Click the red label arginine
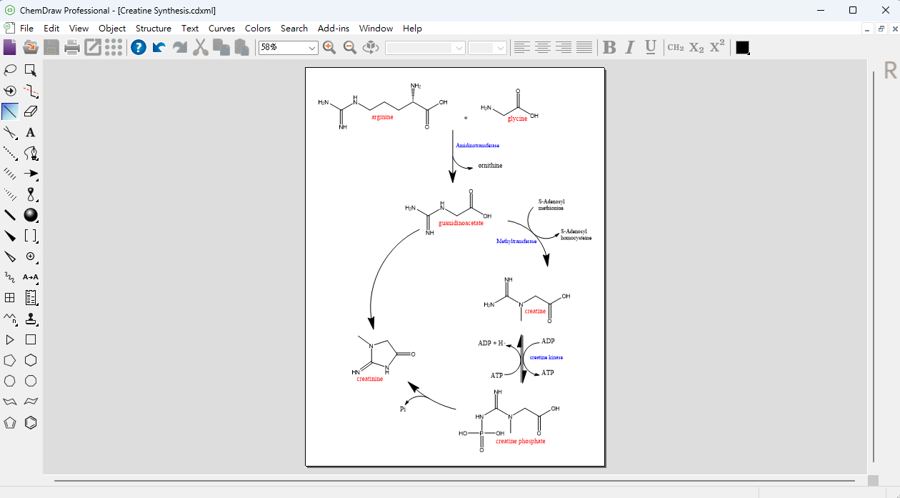coord(382,117)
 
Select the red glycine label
coord(517,119)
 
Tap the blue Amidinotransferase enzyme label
coord(477,146)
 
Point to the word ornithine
coord(490,166)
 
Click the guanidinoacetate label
coord(461,223)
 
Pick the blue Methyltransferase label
coord(516,241)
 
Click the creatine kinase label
coord(546,357)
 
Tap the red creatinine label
coord(370,379)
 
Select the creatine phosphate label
coord(520,442)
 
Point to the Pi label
coord(403,409)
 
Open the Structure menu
coord(153,29)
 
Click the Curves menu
coord(221,29)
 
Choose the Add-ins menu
coord(333,29)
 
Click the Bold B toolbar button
coord(609,47)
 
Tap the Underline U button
coord(651,47)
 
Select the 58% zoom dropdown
coord(288,48)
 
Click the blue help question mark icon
coord(139,47)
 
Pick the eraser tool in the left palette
coord(31,111)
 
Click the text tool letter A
coord(31,132)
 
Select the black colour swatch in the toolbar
coord(742,47)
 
